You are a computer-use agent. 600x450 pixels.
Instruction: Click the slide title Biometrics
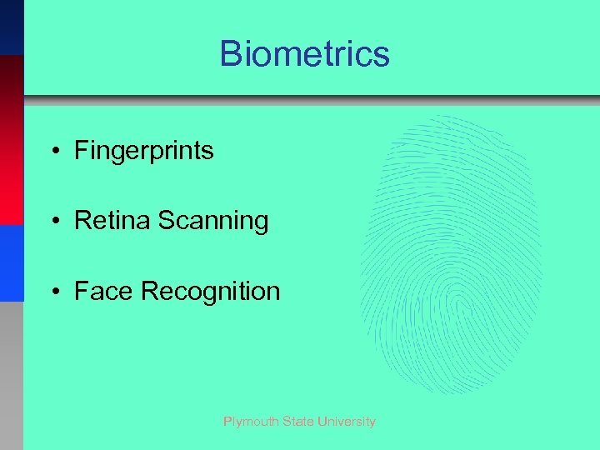(304, 54)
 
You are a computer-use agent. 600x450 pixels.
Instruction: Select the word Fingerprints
(143, 151)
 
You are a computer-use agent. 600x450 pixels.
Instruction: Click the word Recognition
(211, 292)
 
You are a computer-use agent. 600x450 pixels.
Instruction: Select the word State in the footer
(297, 422)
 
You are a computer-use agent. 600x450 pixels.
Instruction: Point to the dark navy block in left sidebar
(12, 27)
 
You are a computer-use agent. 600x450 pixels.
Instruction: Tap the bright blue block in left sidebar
(12, 262)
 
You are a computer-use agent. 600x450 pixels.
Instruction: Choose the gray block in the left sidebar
(12, 375)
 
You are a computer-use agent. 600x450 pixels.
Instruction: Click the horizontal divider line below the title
(312, 100)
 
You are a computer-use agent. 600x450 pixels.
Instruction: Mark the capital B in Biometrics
(230, 54)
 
